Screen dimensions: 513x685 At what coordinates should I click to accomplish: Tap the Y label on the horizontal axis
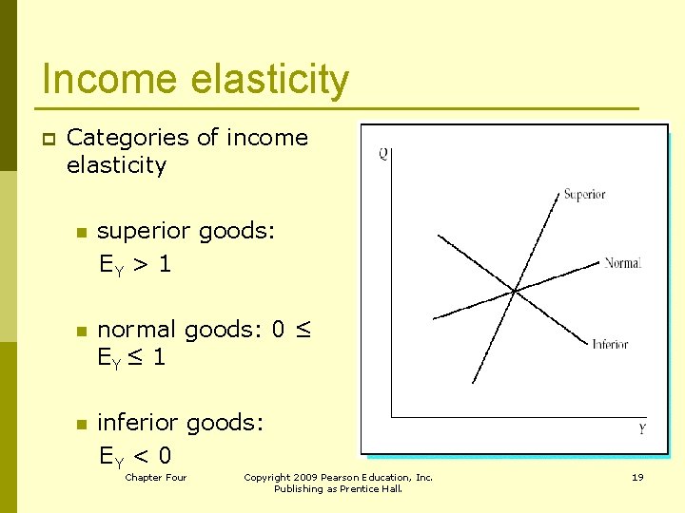pyautogui.click(x=642, y=429)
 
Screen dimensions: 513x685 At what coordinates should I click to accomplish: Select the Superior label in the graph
pyautogui.click(x=584, y=195)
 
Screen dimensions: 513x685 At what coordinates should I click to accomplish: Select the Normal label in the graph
pyautogui.click(x=622, y=263)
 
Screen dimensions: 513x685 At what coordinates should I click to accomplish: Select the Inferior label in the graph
pyautogui.click(x=610, y=344)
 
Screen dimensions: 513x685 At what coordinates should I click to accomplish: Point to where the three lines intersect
pyautogui.click(x=515, y=291)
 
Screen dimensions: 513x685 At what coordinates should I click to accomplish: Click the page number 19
pyautogui.click(x=637, y=477)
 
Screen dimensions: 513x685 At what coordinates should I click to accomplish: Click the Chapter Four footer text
pyautogui.click(x=156, y=477)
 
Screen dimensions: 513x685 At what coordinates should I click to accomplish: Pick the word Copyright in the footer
pyautogui.click(x=267, y=477)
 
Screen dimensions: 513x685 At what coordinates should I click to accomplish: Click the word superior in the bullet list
pyautogui.click(x=140, y=231)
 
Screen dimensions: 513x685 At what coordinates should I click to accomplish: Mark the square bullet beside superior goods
pyautogui.click(x=82, y=232)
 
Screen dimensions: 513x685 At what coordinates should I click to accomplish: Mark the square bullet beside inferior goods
pyautogui.click(x=82, y=423)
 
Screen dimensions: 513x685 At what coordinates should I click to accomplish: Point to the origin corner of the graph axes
pyautogui.click(x=392, y=416)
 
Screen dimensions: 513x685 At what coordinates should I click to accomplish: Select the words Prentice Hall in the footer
pyautogui.click(x=370, y=489)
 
